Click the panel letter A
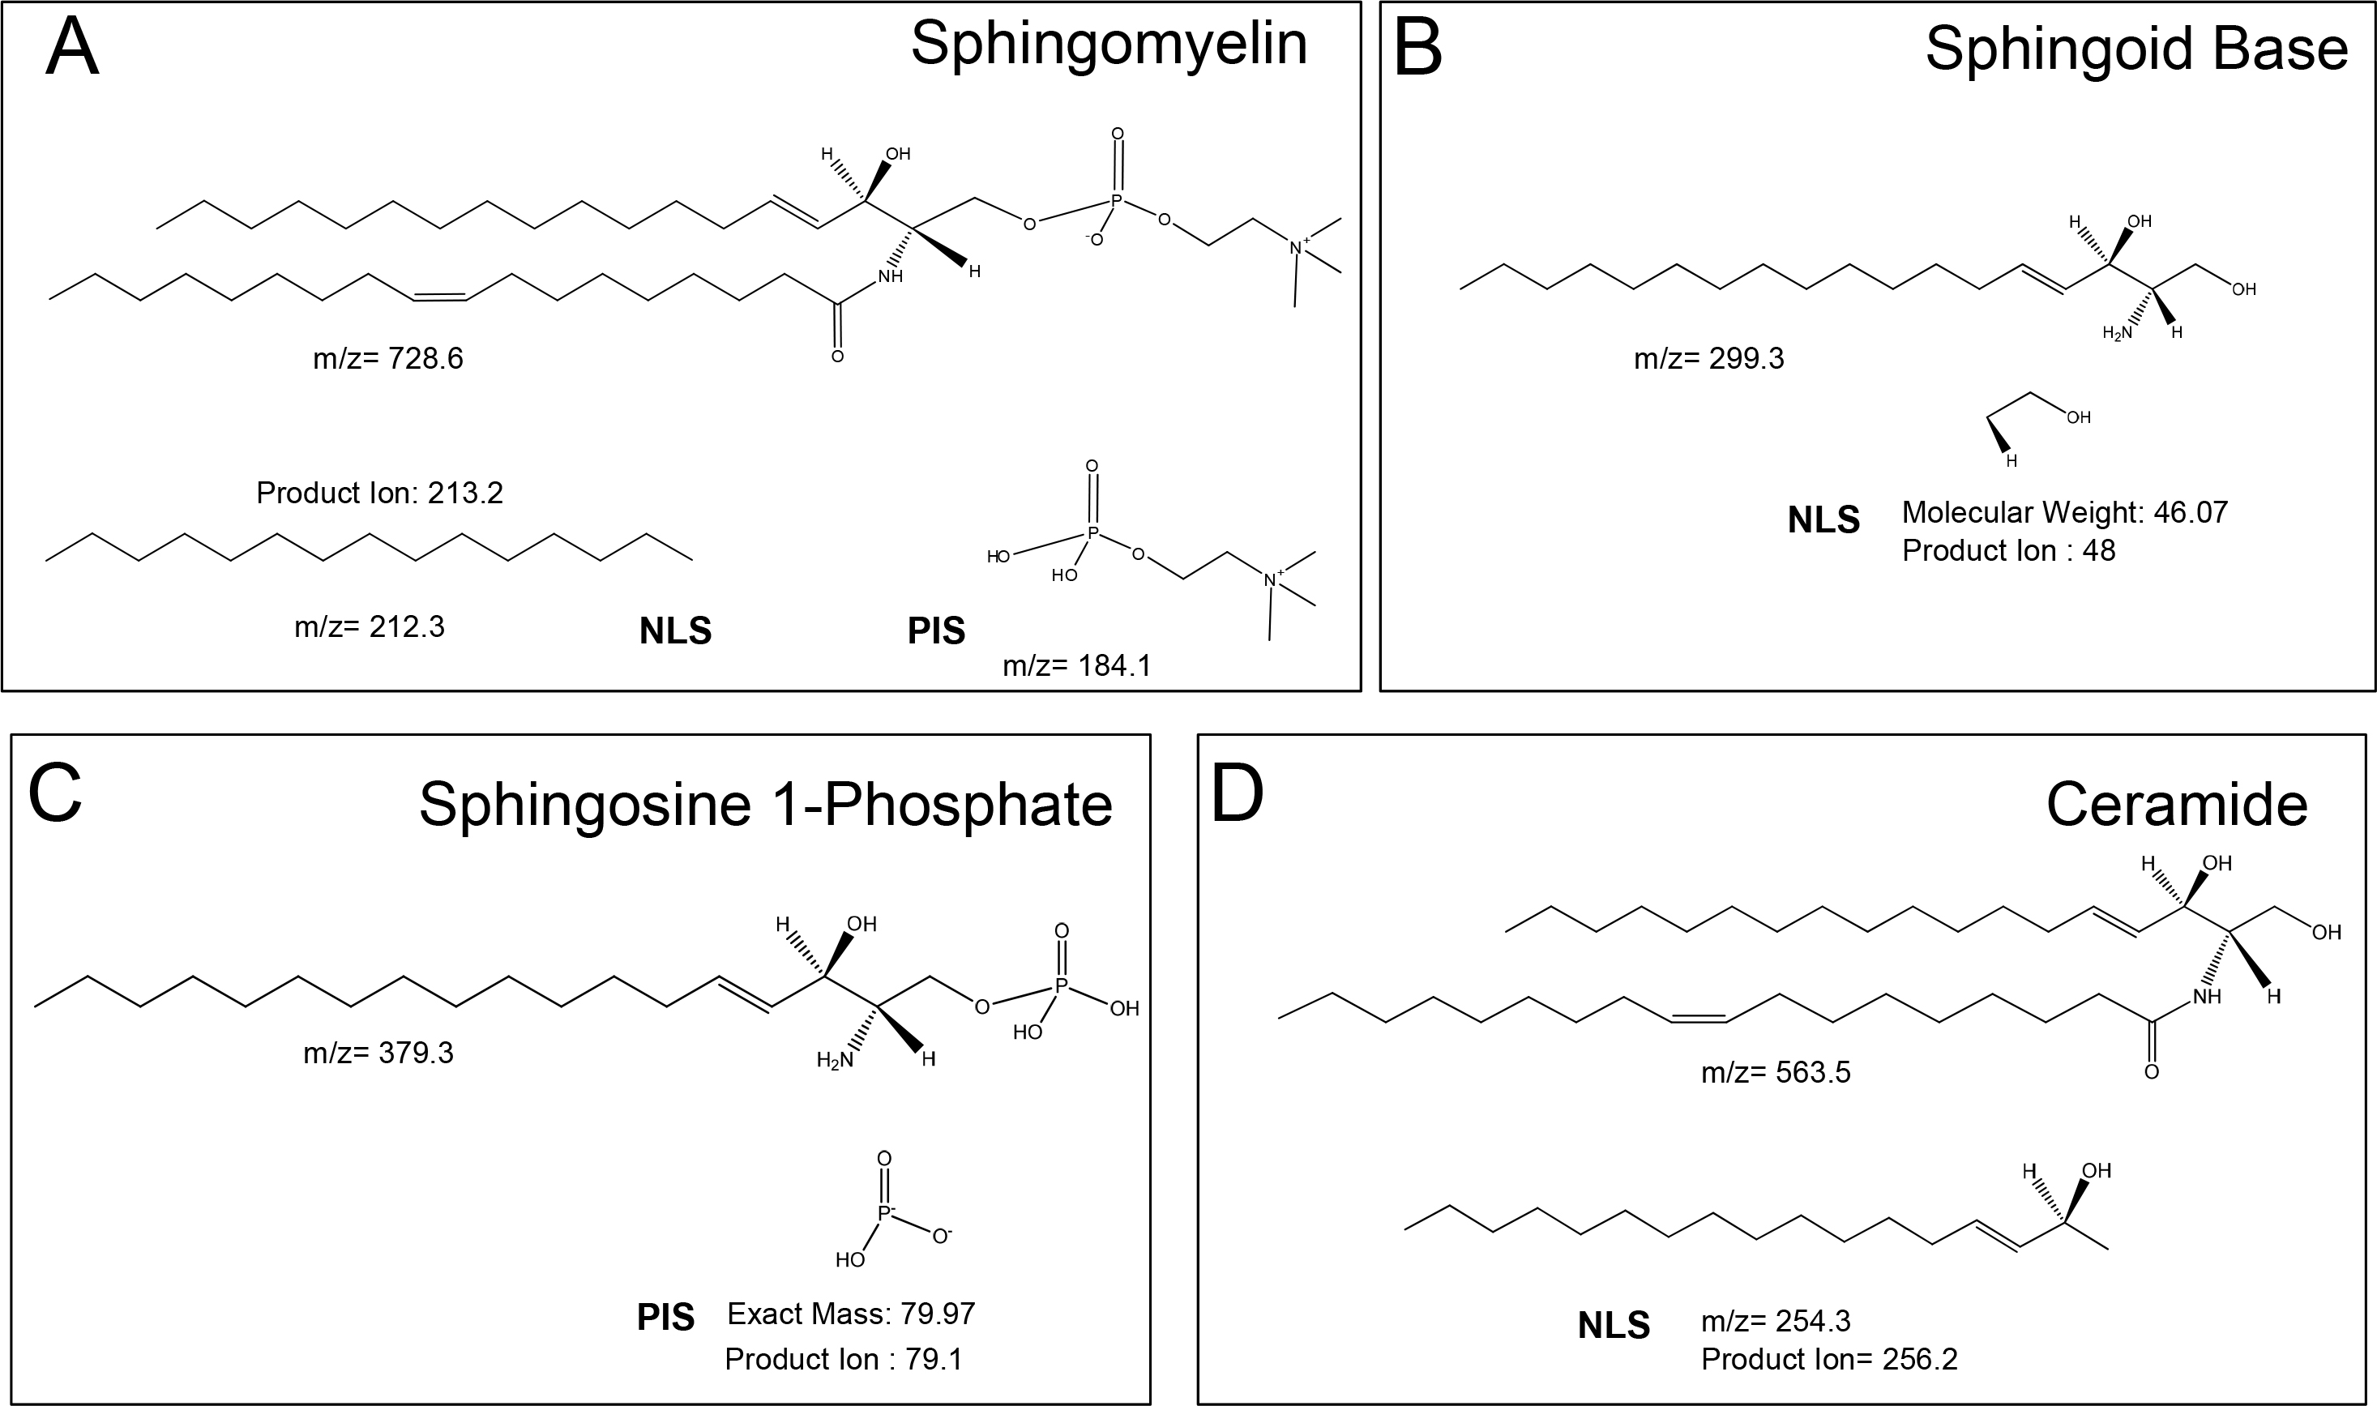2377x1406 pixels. (73, 49)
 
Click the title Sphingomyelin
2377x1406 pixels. (1109, 45)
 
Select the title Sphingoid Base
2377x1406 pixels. (2135, 49)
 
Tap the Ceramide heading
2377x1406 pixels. (2176, 806)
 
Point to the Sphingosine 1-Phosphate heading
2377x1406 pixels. (766, 806)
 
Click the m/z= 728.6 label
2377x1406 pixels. (388, 359)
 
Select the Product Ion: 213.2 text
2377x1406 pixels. (379, 493)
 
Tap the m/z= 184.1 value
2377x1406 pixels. (1076, 666)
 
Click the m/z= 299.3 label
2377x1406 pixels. (1709, 359)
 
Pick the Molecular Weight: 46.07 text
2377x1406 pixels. (2064, 513)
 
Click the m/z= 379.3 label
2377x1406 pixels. (378, 1053)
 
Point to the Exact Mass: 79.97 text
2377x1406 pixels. (851, 1314)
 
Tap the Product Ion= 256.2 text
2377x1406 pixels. (1828, 1360)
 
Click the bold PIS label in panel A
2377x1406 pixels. (936, 631)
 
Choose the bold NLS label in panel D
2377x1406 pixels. (1614, 1326)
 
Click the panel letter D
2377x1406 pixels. (1238, 794)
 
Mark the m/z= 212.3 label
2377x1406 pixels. (370, 627)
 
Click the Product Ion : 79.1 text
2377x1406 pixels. (843, 1360)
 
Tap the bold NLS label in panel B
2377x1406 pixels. (1823, 520)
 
